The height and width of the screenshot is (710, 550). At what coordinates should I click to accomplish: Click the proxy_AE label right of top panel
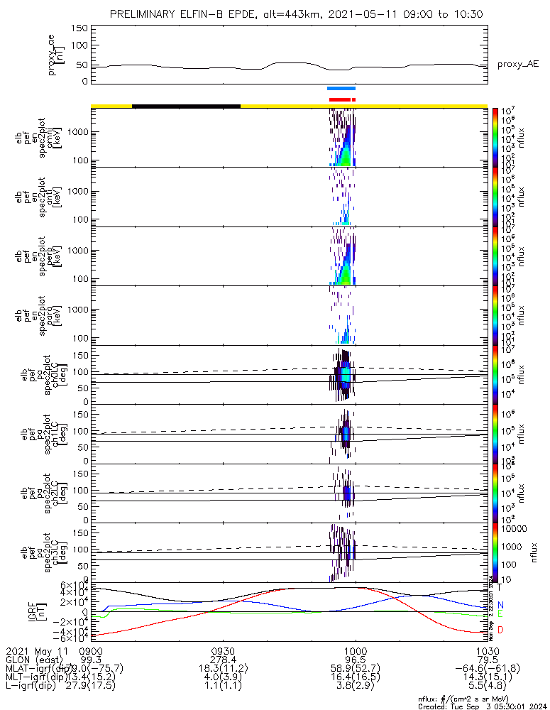517,65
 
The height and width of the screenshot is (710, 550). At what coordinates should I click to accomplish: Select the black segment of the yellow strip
186,106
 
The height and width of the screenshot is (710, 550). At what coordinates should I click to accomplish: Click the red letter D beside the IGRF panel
500,630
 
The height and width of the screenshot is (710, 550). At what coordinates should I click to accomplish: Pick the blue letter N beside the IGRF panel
500,604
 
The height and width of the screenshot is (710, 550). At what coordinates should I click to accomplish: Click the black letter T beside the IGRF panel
500,587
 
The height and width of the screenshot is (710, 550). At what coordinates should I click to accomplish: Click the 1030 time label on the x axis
487,650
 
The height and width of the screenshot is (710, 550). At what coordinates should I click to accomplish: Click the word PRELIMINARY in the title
148,14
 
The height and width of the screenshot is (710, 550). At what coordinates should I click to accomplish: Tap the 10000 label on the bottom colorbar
517,529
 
